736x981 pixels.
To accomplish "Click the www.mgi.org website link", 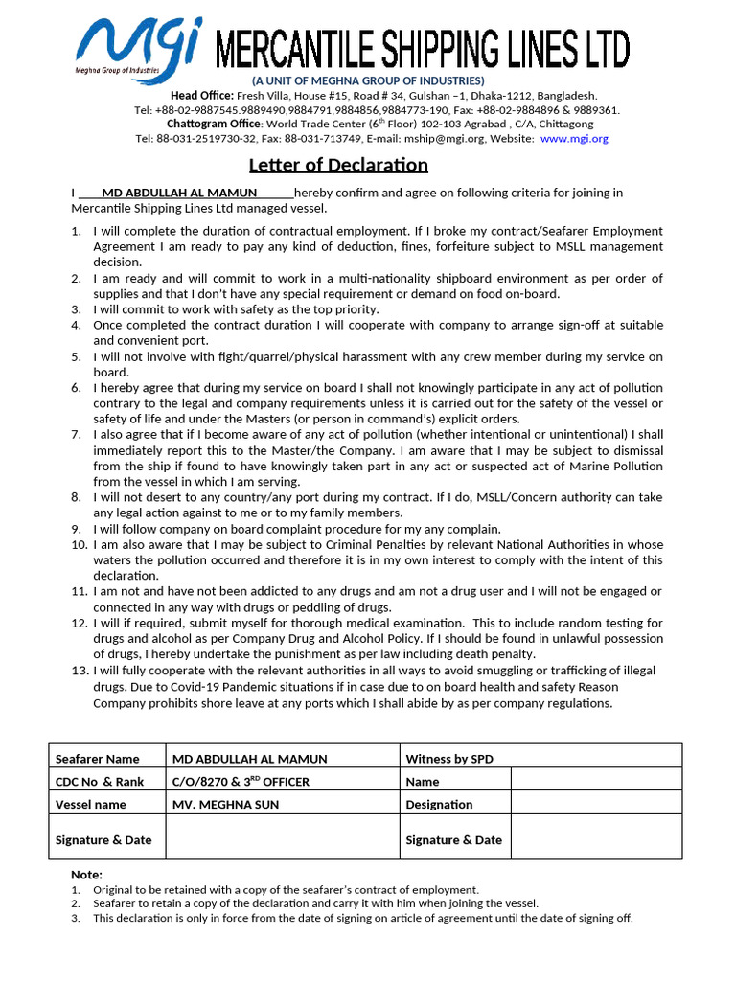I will coord(574,138).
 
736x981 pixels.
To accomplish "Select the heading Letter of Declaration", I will coord(339,165).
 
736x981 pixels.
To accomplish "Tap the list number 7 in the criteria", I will coord(76,434).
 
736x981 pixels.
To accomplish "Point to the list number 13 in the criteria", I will coord(80,672).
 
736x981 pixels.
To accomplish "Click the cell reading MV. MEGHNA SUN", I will coord(225,805).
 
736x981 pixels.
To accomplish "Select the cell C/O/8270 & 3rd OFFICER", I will coord(241,781).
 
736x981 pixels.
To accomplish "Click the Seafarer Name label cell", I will coord(97,759).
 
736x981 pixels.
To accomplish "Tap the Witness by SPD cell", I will coord(449,759).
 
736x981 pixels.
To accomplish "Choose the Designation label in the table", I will coord(439,805).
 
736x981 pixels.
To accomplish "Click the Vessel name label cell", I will coord(91,805).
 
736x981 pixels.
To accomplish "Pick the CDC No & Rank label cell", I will coord(100,782).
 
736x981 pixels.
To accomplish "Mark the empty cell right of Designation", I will coord(596,805).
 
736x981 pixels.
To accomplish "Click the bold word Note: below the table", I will coord(86,875).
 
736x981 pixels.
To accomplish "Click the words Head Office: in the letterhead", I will coord(202,96).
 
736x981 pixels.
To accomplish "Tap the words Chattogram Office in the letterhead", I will coord(215,124).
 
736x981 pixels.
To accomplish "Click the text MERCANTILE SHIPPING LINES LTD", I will coord(423,48).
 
